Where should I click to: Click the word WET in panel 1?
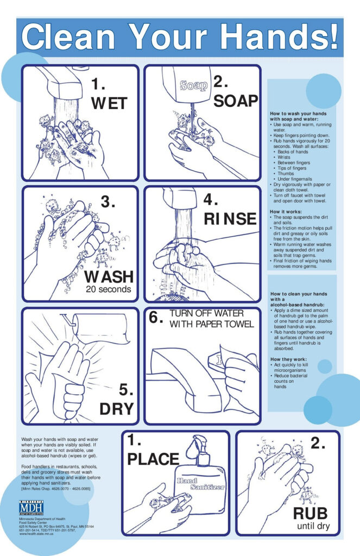(109, 103)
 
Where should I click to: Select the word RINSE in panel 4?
(230, 218)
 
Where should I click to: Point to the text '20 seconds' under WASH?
(108, 289)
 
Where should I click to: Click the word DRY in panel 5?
(116, 408)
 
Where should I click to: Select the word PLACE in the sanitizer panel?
(153, 459)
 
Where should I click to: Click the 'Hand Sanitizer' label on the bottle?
(200, 484)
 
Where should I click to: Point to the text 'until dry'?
(314, 527)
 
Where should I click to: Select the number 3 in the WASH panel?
(108, 202)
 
